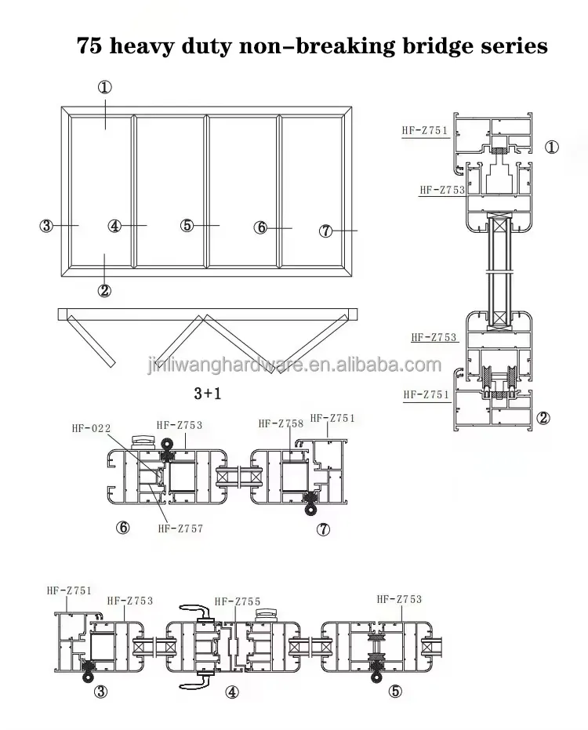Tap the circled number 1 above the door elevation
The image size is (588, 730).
point(106,87)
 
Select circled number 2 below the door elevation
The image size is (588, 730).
point(104,290)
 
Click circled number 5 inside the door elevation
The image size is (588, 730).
point(187,226)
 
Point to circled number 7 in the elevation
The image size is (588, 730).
point(327,231)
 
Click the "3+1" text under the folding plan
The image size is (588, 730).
point(207,392)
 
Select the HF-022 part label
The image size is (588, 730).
point(91,428)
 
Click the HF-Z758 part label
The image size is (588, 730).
point(280,423)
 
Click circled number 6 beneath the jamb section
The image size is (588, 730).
point(122,527)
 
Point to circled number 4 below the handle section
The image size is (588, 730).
point(231,692)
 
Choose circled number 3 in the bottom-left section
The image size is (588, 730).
point(100,692)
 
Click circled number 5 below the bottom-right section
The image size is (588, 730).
point(395,691)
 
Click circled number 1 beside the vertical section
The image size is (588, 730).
point(552,147)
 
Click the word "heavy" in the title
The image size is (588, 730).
point(149,46)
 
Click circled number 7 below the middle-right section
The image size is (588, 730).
point(323,530)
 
